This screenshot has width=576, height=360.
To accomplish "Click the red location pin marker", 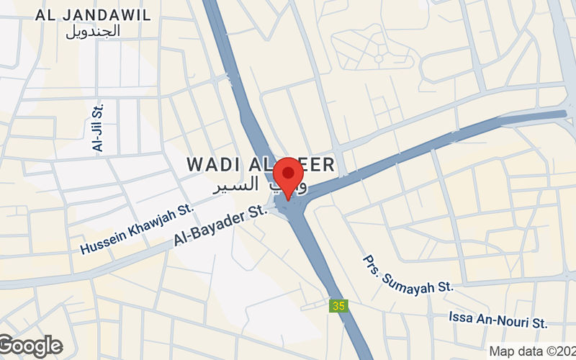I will (x=289, y=175).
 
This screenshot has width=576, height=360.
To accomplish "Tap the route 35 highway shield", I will (x=337, y=306).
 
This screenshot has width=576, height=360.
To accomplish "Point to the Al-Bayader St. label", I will (x=220, y=227).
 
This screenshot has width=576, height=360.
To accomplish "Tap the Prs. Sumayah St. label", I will (x=408, y=274).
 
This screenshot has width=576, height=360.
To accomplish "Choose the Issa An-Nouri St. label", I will (x=498, y=318).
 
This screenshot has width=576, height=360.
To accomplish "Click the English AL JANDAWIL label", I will (x=93, y=14).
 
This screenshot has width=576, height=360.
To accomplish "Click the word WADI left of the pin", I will (x=210, y=165).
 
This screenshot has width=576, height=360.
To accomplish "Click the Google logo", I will (x=30, y=346).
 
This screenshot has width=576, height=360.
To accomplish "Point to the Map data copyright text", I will (x=532, y=351).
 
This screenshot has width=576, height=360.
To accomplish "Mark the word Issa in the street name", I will (x=461, y=318).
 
